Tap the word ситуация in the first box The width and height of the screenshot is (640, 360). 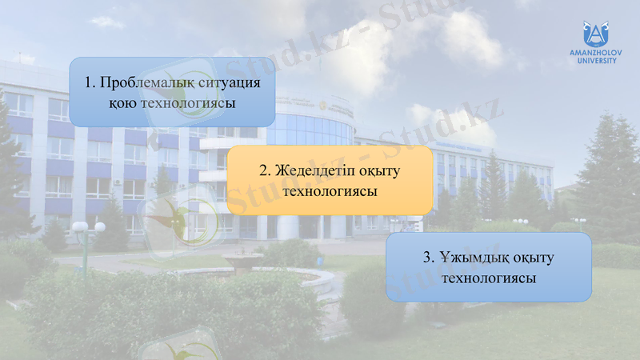coord(232,83)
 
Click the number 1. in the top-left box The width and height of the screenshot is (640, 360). coord(90,83)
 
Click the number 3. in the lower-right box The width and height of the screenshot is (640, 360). coord(428,258)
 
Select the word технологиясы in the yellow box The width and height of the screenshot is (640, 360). coord(330,191)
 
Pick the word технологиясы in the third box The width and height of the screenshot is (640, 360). coord(489,278)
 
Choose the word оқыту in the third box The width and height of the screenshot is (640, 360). coord(534,258)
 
